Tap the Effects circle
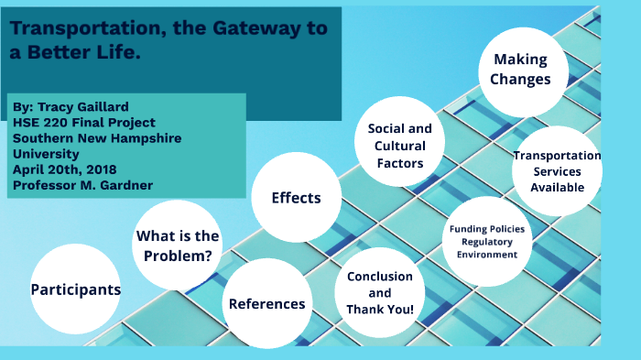[296, 198]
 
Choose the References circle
[267, 303]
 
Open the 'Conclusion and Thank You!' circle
[379, 292]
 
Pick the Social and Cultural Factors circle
[399, 146]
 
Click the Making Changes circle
[520, 70]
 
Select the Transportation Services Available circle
[557, 171]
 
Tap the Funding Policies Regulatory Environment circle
[487, 241]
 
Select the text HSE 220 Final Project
[84, 122]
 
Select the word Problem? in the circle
[179, 256]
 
